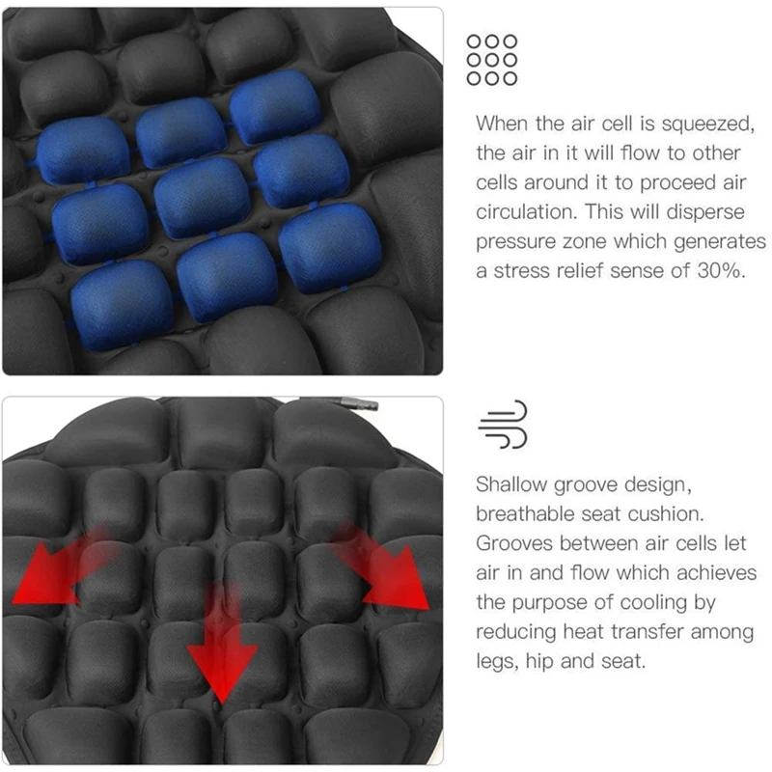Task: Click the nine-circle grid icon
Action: pos(491,60)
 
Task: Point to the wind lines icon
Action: pos(504,426)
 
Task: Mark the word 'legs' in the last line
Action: pos(495,663)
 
